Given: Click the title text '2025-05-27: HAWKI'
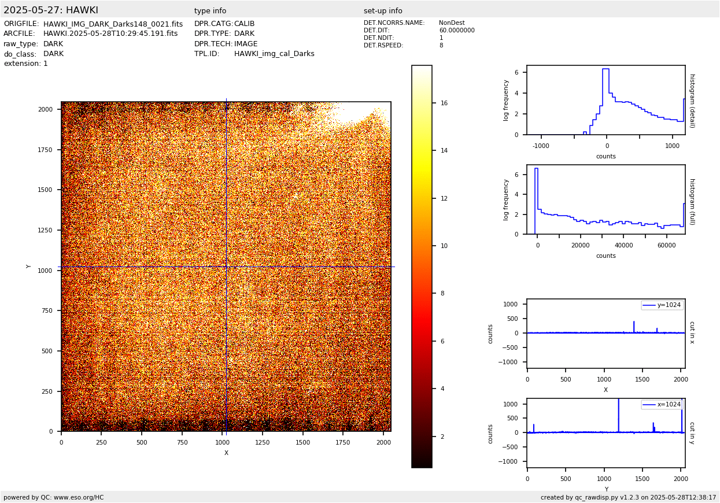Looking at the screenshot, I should tap(51, 10).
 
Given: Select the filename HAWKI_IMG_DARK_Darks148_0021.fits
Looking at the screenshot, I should tap(113, 24).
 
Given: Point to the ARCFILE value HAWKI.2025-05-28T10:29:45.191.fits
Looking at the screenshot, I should tap(110, 34).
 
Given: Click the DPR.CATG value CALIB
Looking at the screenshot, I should tap(244, 24).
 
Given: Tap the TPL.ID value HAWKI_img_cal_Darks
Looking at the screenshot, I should tap(274, 54).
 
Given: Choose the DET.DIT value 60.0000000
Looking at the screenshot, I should tap(456, 31).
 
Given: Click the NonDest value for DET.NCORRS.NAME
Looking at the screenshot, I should tap(452, 23).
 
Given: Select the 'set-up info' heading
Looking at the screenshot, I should tap(383, 11).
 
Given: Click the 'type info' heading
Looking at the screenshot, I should tap(210, 11).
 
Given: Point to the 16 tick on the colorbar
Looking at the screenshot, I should tap(444, 103).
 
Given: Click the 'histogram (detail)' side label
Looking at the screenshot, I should tap(692, 100).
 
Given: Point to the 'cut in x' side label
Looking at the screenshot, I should tap(692, 332).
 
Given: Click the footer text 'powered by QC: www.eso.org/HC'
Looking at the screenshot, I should tap(54, 497).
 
